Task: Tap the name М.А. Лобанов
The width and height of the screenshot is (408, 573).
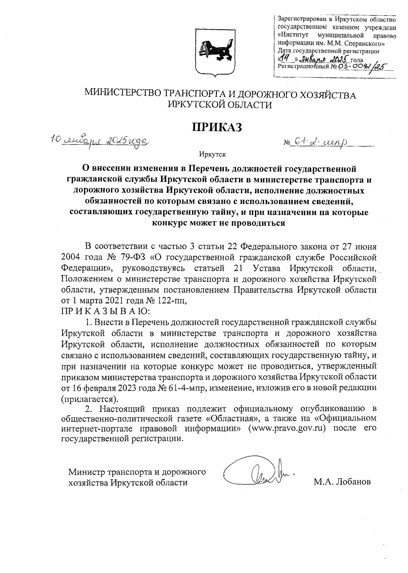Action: coord(343,482)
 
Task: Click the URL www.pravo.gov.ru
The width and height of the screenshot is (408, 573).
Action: coord(285,428)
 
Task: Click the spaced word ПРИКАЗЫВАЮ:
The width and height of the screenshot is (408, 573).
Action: coord(105,311)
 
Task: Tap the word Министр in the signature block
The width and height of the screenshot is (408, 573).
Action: coord(86,472)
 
